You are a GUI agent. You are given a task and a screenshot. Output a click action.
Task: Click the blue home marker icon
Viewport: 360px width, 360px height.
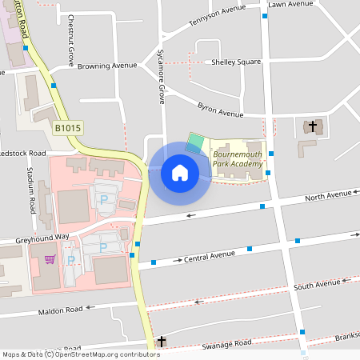tap(180, 173)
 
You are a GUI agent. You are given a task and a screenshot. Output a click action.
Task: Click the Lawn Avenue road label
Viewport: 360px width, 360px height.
tap(291, 4)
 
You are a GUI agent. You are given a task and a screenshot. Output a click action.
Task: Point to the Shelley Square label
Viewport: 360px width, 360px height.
tap(237, 62)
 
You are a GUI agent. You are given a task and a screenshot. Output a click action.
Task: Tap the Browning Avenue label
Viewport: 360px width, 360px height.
tap(107, 66)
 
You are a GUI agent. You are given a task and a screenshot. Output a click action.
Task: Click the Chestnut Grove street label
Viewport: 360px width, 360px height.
tap(71, 40)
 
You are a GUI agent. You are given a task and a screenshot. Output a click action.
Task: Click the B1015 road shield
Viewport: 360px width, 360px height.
tap(68, 128)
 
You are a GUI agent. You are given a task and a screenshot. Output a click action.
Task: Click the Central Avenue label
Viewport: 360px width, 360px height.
tap(210, 257)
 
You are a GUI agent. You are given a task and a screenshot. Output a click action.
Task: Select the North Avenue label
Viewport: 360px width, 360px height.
tap(328, 195)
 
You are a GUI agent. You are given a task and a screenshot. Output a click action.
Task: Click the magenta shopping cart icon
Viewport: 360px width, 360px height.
tap(50, 258)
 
